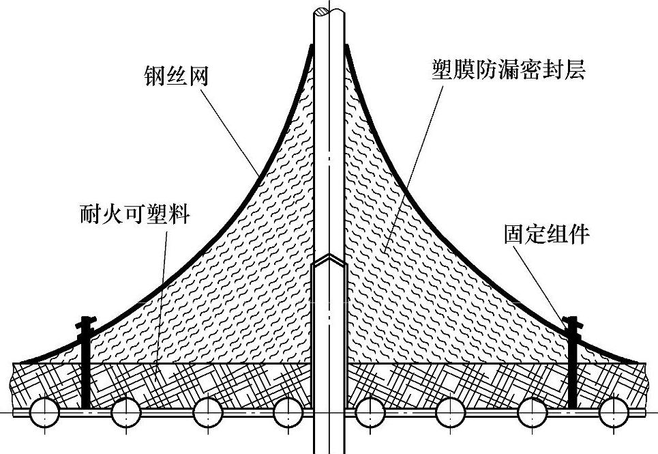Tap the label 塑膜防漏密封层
point(508,70)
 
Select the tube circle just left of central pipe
point(288,412)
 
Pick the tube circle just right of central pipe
point(370,412)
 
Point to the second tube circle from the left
point(126,412)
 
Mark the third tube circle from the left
point(208,412)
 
